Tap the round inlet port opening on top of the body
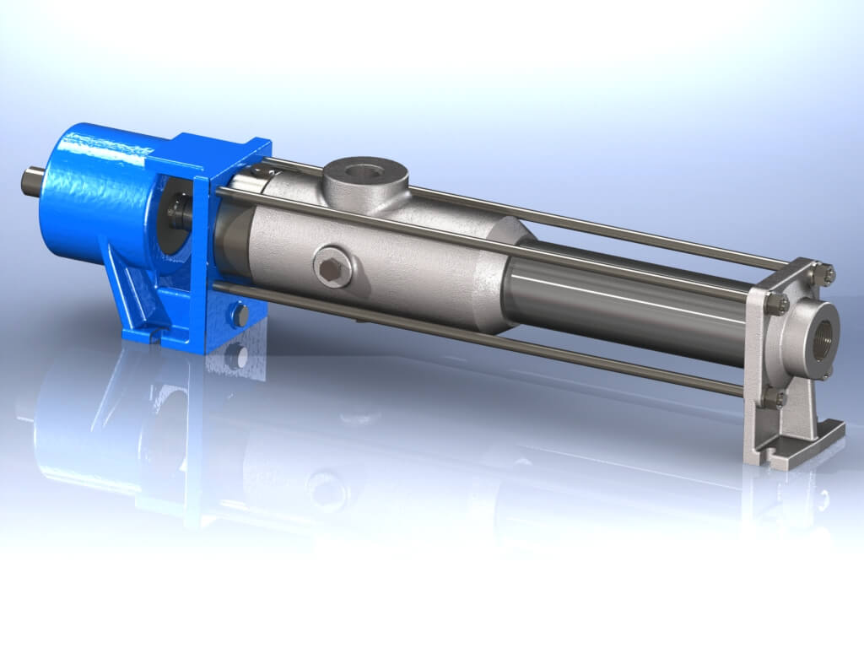[366, 170]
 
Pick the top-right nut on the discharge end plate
[828, 273]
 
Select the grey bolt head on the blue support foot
[238, 316]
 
